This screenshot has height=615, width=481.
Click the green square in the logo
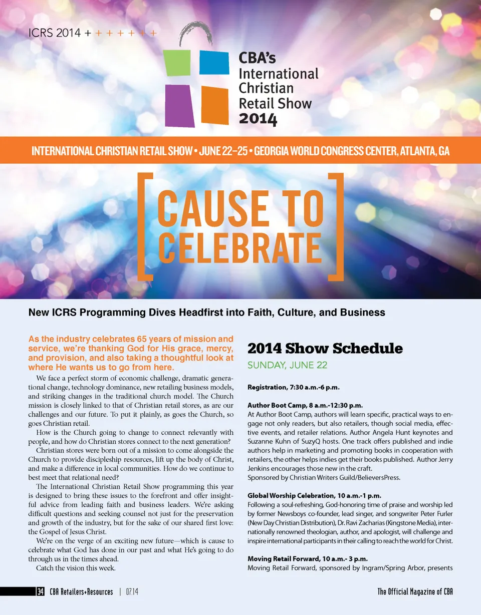coord(177,64)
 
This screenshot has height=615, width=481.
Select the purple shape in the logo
coord(179,105)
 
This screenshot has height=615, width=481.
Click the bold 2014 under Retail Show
coord(258,119)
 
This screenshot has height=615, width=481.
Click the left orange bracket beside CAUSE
coord(146,225)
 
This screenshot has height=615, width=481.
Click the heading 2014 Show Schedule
coord(325,348)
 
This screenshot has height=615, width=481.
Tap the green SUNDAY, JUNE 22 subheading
coord(287,365)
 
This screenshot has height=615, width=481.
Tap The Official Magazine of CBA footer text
coord(415,592)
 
